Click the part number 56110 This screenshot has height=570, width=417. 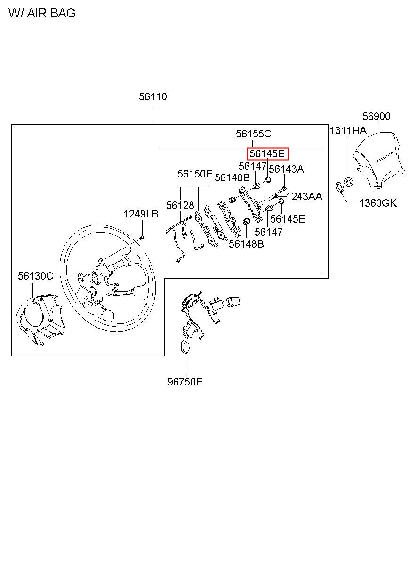click(x=152, y=96)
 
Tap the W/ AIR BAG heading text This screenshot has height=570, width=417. click(x=42, y=13)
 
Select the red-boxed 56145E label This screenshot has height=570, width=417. click(x=267, y=154)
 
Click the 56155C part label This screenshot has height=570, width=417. click(x=253, y=134)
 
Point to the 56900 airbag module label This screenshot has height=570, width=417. click(x=377, y=116)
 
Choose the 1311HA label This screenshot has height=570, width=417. click(x=348, y=131)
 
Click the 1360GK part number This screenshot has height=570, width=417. click(x=378, y=203)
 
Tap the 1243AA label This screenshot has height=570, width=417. click(x=305, y=196)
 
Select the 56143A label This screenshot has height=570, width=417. click(x=286, y=169)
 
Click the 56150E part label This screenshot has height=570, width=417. click(x=195, y=174)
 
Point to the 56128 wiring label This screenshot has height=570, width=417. click(x=180, y=205)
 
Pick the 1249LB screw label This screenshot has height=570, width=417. click(x=141, y=214)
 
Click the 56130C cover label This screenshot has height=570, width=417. click(x=36, y=276)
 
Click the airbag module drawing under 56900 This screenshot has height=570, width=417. click(x=378, y=161)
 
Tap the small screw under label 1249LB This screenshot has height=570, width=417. click(x=142, y=238)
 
